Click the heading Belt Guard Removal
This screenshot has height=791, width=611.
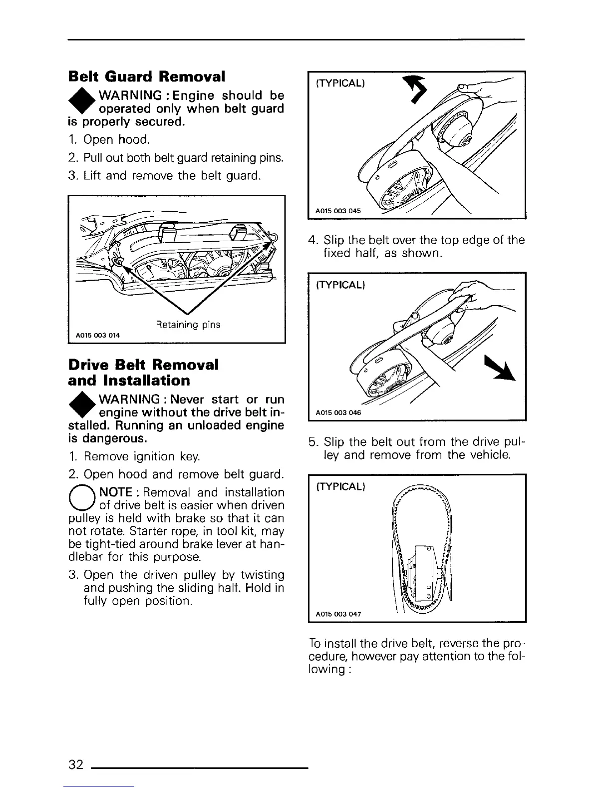(x=146, y=77)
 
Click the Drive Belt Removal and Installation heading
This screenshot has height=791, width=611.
(x=143, y=373)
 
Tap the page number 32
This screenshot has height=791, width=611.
(x=76, y=765)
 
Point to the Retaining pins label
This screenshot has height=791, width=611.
(x=188, y=325)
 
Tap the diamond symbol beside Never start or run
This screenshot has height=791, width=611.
(x=81, y=408)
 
